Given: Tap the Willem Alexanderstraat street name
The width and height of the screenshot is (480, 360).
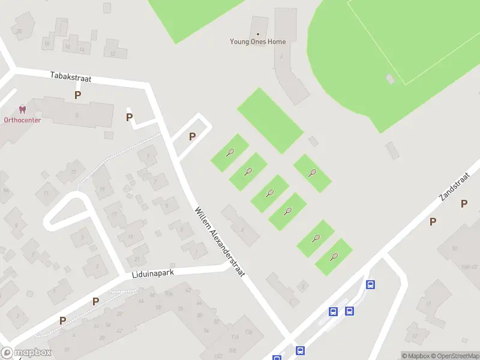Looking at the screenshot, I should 221,241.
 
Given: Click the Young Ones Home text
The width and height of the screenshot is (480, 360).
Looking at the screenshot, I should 258,42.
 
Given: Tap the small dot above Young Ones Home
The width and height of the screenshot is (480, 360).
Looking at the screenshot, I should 258,34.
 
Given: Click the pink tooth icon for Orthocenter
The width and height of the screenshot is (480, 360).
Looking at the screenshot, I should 23,110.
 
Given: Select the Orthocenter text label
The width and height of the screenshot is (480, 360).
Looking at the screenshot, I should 22,119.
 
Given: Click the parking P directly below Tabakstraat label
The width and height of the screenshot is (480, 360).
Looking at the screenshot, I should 77,95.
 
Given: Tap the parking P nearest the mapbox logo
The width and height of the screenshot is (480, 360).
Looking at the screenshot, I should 62,321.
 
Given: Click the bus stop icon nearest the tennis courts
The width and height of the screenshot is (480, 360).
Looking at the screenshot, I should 371,285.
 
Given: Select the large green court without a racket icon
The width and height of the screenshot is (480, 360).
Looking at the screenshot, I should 270,120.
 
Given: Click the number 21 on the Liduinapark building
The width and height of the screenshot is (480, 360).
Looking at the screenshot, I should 137,259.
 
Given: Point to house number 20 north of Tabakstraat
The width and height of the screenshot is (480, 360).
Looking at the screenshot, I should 20,31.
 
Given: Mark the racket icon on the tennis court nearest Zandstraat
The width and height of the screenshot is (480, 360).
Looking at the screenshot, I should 335,257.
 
